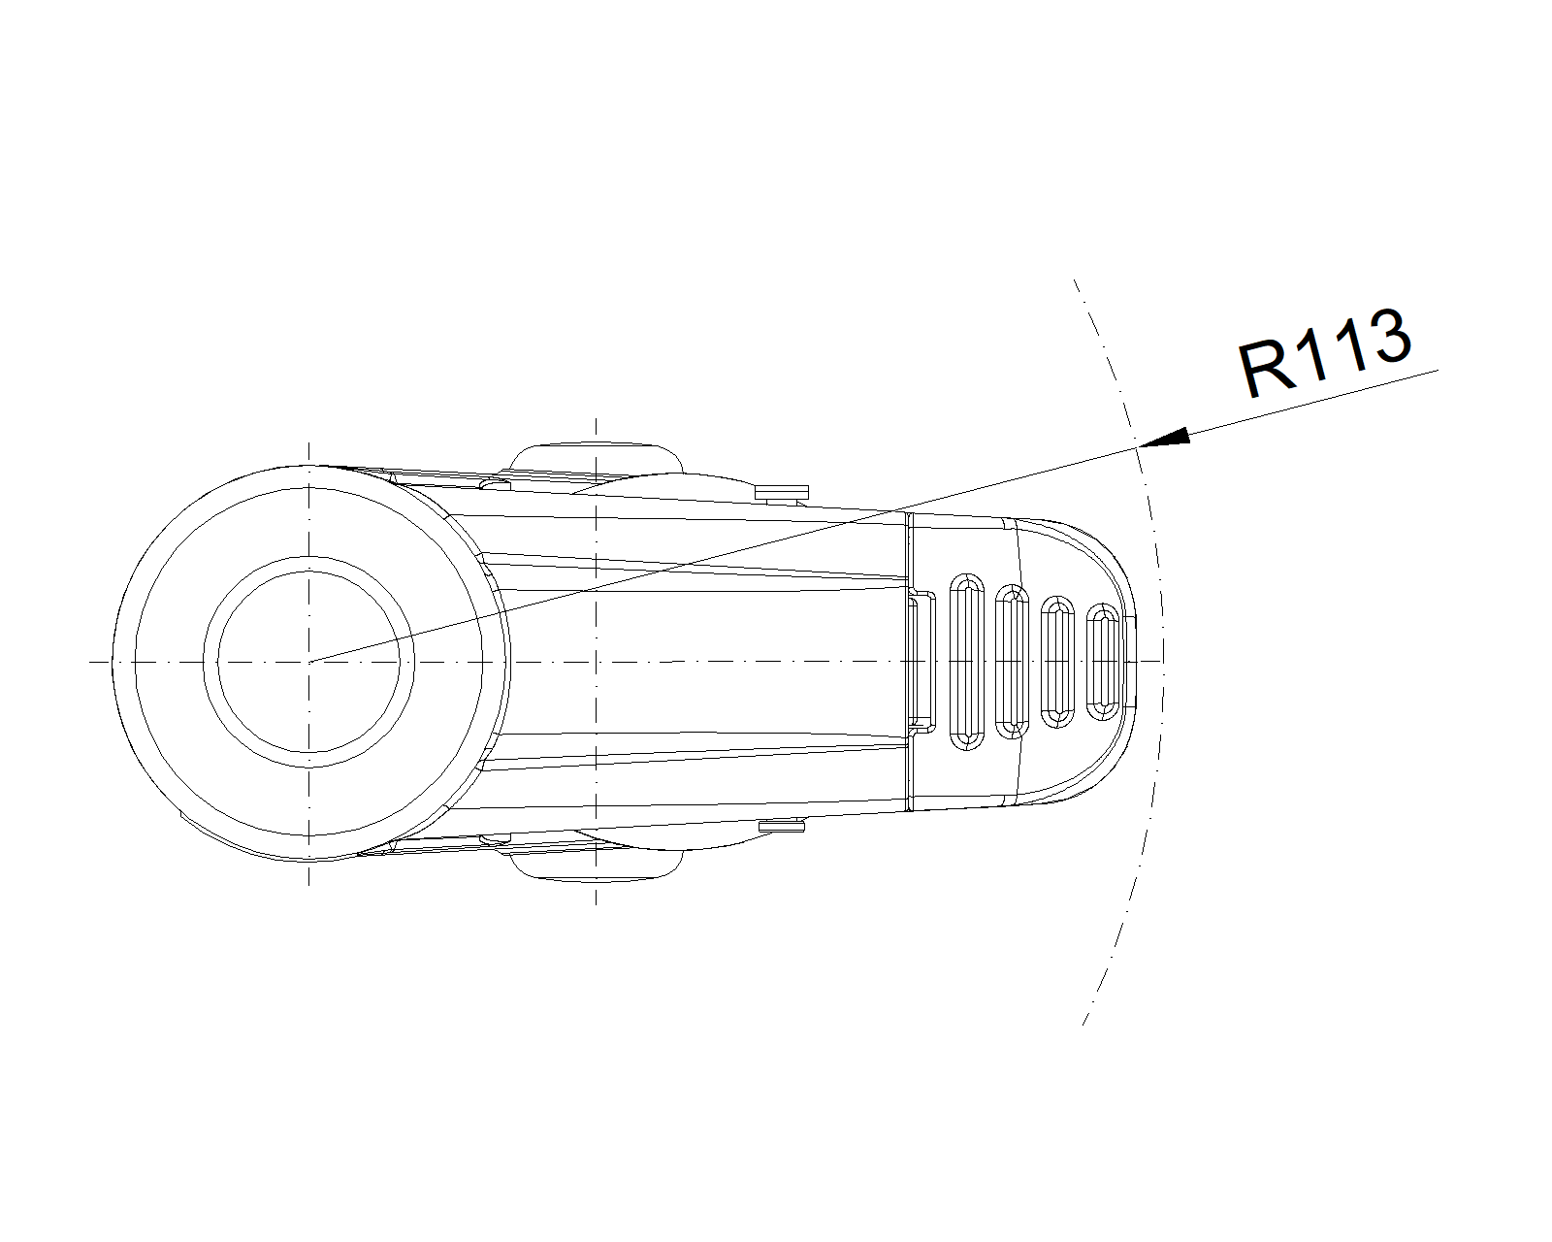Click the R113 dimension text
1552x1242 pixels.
(x=1324, y=353)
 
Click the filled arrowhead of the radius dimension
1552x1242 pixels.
(x=1163, y=438)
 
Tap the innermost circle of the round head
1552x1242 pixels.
(x=308, y=662)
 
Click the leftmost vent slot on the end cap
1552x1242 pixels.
(x=967, y=662)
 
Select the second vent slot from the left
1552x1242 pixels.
(x=1012, y=662)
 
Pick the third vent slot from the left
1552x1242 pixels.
(x=1058, y=662)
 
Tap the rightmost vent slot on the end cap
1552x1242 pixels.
(x=1102, y=662)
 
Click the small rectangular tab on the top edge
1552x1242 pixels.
(x=782, y=493)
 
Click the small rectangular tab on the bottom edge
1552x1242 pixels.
(x=782, y=827)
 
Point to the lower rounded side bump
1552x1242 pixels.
(x=596, y=866)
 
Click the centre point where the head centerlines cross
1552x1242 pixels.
(x=308, y=662)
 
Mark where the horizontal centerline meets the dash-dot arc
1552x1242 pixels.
(x=1163, y=661)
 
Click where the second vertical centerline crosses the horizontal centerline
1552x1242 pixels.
(x=596, y=662)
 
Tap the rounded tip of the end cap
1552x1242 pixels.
(x=1135, y=662)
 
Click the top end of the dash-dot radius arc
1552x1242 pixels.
(x=1074, y=279)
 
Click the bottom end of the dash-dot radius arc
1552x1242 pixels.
(x=1083, y=1024)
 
